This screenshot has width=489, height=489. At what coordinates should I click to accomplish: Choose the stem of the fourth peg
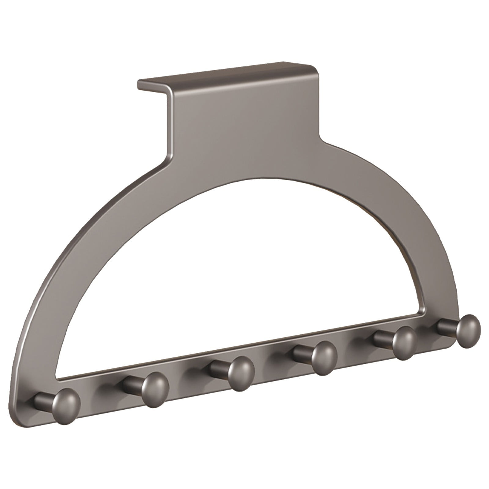point(301,355)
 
